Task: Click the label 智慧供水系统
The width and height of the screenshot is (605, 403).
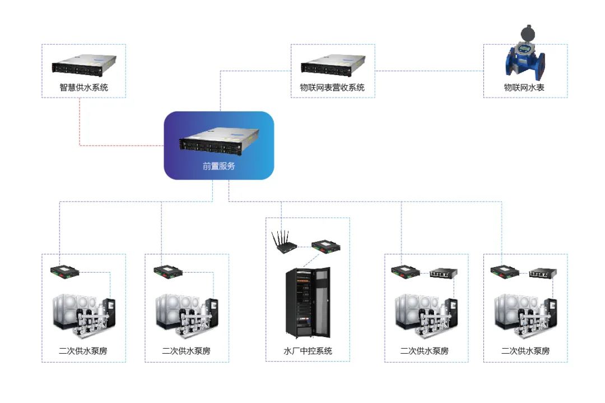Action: (x=83, y=87)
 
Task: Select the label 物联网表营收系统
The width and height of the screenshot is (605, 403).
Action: (x=332, y=87)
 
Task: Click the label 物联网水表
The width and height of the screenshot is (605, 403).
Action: (x=525, y=87)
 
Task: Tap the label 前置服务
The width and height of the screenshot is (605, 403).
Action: (x=218, y=166)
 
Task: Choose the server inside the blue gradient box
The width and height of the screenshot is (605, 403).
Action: (x=219, y=143)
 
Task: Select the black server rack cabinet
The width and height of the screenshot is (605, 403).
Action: (x=307, y=302)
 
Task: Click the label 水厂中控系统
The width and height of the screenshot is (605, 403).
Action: (x=308, y=351)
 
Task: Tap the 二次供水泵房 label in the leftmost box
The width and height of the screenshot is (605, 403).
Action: (x=83, y=351)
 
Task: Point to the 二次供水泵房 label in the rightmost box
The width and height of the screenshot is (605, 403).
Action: (x=525, y=351)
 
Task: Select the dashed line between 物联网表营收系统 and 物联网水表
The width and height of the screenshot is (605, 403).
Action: (x=429, y=71)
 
